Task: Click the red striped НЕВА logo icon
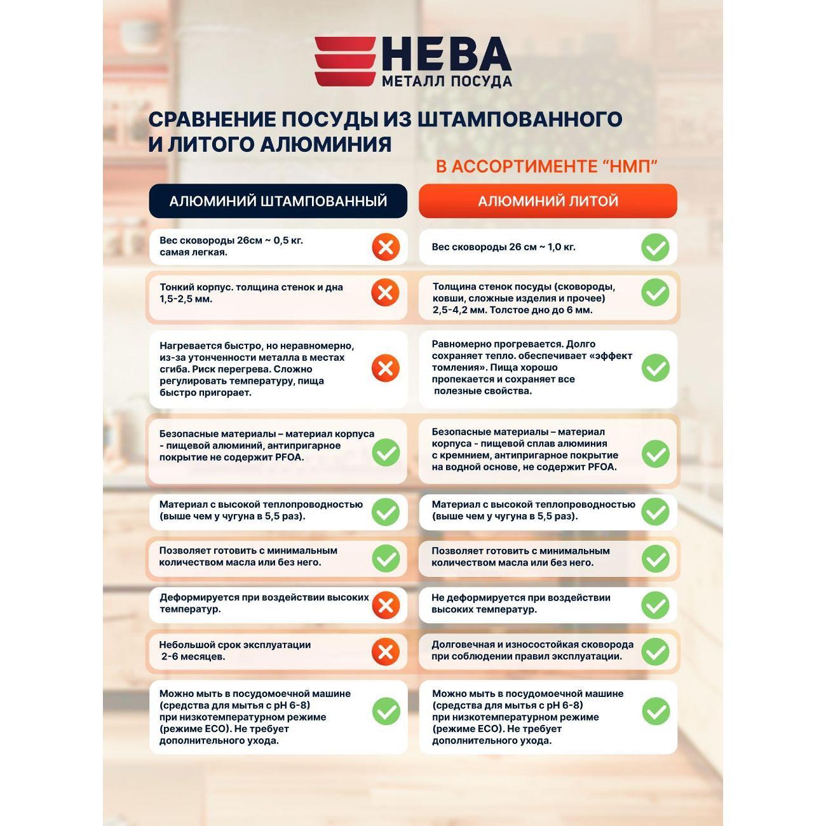point(345,61)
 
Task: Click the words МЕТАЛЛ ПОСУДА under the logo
point(446,81)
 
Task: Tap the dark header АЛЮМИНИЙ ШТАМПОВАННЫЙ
point(278,201)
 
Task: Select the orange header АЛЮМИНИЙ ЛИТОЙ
point(548,201)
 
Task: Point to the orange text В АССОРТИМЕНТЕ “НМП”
point(546,166)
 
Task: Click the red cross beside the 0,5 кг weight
point(386,247)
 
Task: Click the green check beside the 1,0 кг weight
point(655,247)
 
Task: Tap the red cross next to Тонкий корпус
point(385,293)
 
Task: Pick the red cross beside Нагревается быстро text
point(385,369)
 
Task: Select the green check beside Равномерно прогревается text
point(655,368)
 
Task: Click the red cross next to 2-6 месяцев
point(385,652)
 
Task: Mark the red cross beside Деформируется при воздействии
point(385,605)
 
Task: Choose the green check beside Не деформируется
point(655,605)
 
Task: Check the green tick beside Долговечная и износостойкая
point(655,652)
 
